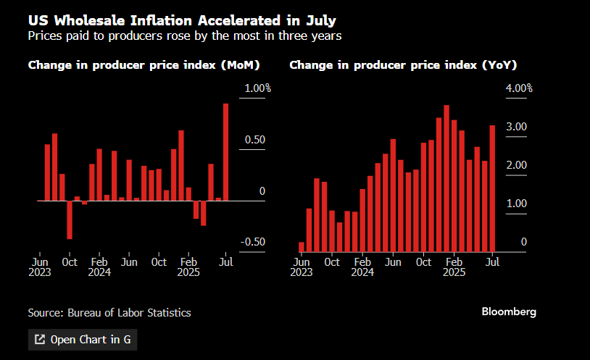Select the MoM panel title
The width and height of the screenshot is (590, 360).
[144, 65]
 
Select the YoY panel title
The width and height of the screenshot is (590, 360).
[403, 65]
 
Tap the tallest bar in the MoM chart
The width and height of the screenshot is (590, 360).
[225, 151]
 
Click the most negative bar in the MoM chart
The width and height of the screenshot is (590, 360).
[70, 219]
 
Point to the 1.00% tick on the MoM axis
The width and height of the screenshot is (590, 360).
[257, 88]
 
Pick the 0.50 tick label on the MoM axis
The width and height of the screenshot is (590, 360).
[254, 140]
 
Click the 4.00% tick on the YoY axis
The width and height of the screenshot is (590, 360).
[518, 88]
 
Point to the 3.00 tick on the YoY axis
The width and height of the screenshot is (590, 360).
[516, 127]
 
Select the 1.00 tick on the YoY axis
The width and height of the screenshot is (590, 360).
[516, 204]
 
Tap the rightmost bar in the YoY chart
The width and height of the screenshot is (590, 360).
[493, 188]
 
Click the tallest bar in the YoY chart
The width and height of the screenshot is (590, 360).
[446, 178]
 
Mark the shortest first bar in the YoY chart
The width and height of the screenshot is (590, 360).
[302, 246]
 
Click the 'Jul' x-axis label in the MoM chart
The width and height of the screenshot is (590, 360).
[225, 261]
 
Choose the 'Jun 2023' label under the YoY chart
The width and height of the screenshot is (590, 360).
[302, 267]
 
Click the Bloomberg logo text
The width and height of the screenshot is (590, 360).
[509, 311]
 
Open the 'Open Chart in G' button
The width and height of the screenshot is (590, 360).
[82, 339]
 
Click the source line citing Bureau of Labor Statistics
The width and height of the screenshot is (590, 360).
[109, 313]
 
